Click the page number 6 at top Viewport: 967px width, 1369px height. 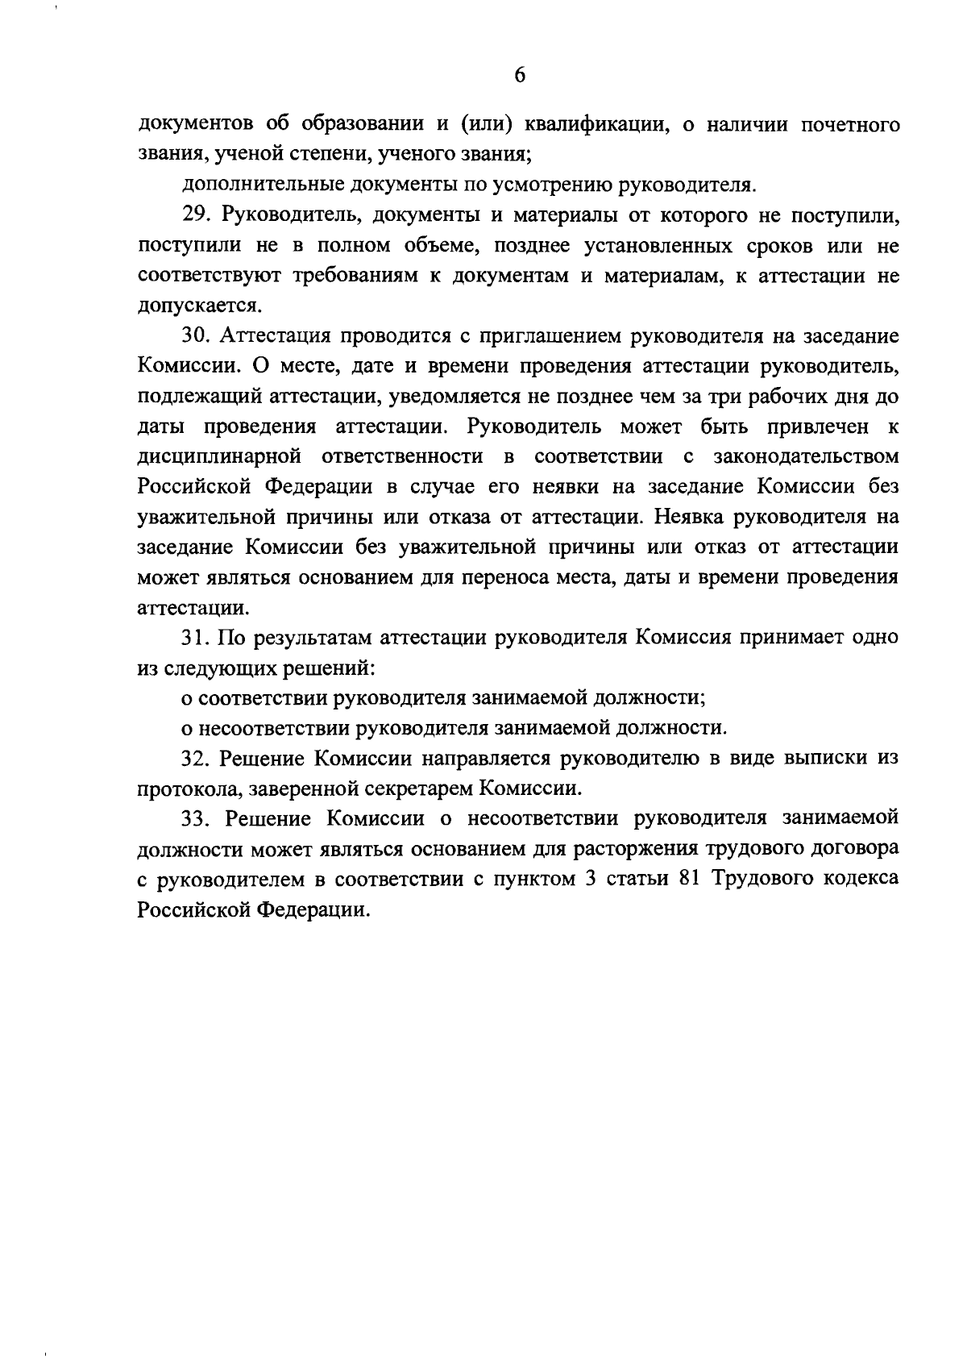click(x=520, y=75)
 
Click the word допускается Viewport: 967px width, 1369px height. click(x=199, y=306)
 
